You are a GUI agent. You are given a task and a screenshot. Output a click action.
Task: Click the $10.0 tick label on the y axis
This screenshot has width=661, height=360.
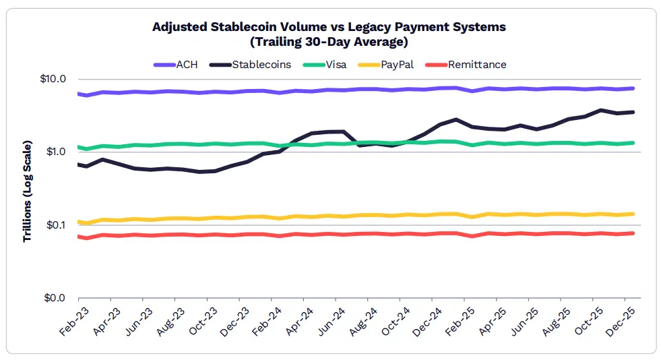click(x=53, y=79)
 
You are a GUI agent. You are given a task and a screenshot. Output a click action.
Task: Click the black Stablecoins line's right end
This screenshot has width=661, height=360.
click(x=633, y=112)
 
